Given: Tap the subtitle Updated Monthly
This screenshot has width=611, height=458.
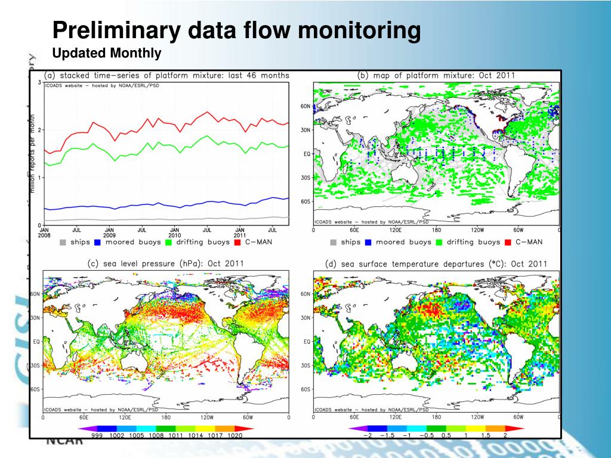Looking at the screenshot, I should pyautogui.click(x=107, y=54).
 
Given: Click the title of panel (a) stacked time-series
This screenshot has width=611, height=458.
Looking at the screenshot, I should pyautogui.click(x=167, y=76).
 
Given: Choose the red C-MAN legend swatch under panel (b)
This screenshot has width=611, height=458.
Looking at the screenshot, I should pyautogui.click(x=508, y=242).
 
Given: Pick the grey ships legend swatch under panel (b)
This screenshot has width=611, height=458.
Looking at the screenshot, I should pyautogui.click(x=333, y=242).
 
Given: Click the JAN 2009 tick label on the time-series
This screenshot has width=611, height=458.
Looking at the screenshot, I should pyautogui.click(x=109, y=233).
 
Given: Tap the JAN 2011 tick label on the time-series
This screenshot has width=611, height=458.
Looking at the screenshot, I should pyautogui.click(x=239, y=233).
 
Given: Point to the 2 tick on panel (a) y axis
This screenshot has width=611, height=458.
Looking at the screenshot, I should pyautogui.click(x=39, y=130).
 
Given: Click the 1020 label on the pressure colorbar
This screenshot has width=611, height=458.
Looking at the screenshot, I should pyautogui.click(x=235, y=437).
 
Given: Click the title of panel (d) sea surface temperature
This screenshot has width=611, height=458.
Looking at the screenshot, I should pyautogui.click(x=436, y=264).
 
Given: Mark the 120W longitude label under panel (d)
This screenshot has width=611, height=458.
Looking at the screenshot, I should pyautogui.click(x=477, y=417).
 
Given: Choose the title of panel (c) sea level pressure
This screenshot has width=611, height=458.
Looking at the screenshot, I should pyautogui.click(x=166, y=264).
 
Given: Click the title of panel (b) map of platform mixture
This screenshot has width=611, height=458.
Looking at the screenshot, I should pyautogui.click(x=436, y=76).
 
